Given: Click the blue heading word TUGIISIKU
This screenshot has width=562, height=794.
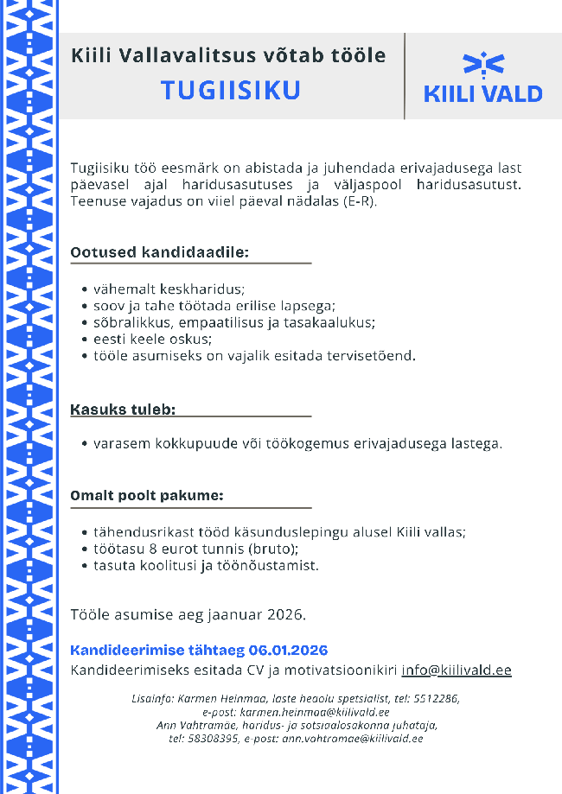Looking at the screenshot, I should pyautogui.click(x=231, y=92).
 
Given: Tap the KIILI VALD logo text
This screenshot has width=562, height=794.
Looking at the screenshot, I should pyautogui.click(x=482, y=94).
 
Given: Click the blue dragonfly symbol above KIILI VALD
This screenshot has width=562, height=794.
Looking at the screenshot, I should pyautogui.click(x=483, y=63).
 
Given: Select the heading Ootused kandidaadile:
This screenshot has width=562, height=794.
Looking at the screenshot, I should pyautogui.click(x=159, y=252).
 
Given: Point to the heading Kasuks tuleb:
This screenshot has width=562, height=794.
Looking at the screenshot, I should pyautogui.click(x=123, y=408).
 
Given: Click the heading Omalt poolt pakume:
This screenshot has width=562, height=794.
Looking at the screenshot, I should pyautogui.click(x=147, y=496).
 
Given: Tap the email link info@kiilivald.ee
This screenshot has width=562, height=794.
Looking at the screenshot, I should pyautogui.click(x=457, y=670).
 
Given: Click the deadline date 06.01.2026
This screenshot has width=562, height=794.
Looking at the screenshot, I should pyautogui.click(x=288, y=651).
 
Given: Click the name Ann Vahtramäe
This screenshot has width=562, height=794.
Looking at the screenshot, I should pyautogui.click(x=197, y=725).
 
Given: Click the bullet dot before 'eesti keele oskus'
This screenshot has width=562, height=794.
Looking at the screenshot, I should pyautogui.click(x=84, y=340).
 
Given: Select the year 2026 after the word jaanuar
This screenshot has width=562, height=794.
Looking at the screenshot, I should pyautogui.click(x=286, y=615).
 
